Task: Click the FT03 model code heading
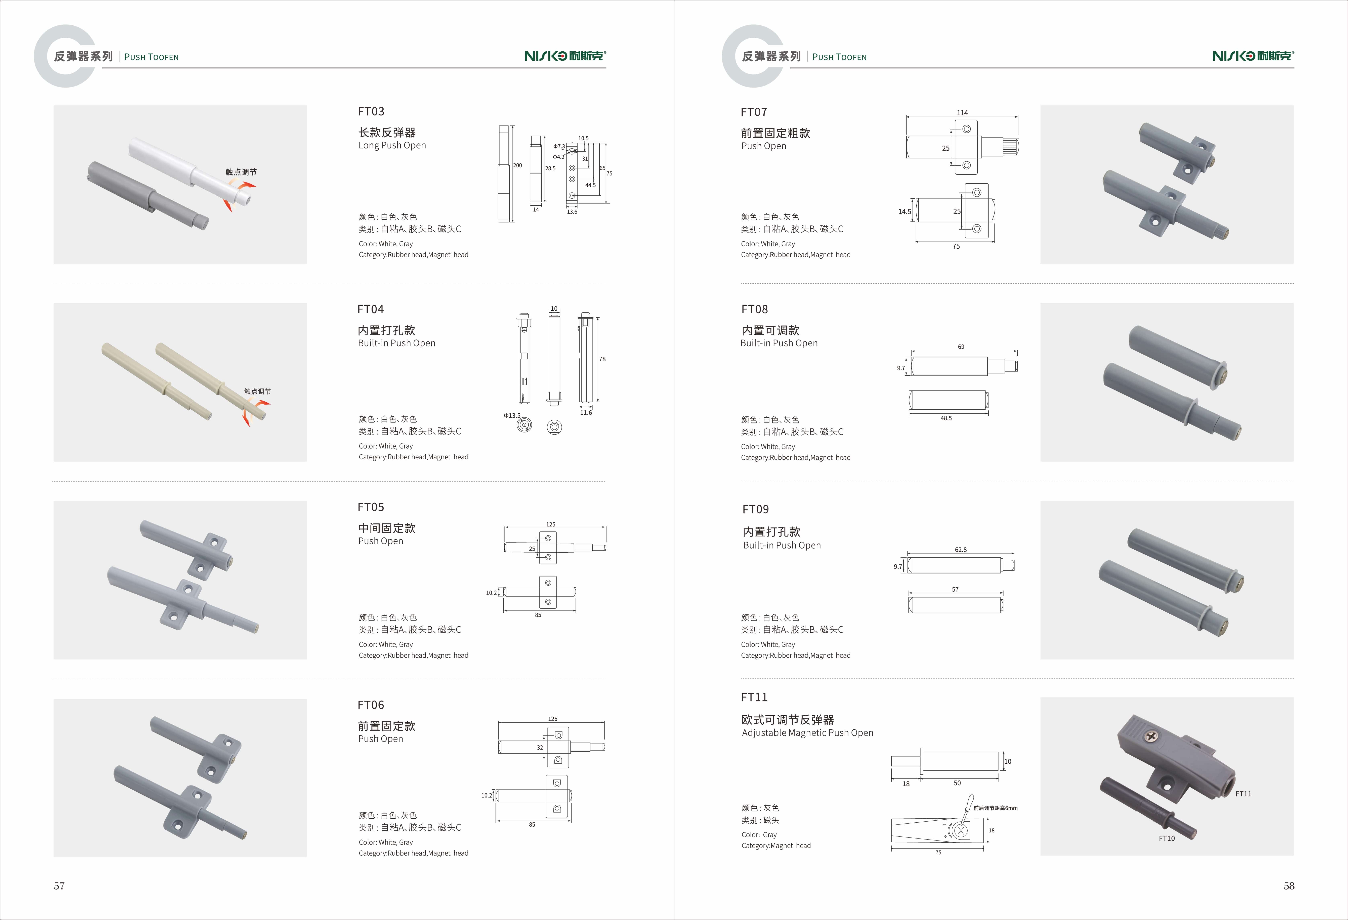[371, 111]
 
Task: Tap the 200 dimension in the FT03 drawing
[517, 165]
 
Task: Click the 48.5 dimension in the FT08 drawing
[946, 418]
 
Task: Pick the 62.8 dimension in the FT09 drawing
[961, 550]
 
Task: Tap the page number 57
[59, 886]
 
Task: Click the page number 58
[1289, 886]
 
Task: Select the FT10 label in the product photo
[1167, 838]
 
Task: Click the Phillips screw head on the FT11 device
[1150, 737]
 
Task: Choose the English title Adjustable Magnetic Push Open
[807, 733]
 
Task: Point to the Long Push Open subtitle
[392, 146]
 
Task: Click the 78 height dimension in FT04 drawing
[602, 359]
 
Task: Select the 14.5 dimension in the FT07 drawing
[904, 212]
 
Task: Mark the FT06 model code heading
[371, 705]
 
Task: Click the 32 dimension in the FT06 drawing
[539, 747]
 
